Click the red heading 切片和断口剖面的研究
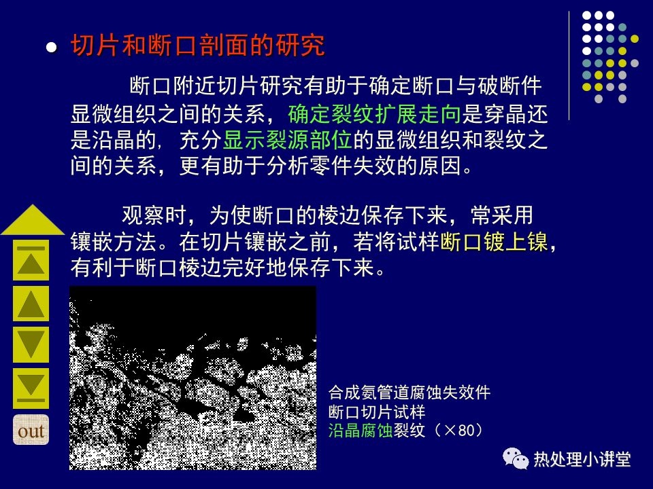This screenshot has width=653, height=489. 198,45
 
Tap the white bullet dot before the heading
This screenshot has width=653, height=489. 52,47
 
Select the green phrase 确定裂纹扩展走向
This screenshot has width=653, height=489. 374,114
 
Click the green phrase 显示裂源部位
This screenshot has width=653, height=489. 287,140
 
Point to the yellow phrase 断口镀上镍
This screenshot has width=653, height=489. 494,242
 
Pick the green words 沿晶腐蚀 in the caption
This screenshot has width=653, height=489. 361,431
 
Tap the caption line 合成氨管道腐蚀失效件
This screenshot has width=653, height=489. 409,393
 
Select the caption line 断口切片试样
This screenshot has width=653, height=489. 377,412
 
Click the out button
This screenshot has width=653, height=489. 31,430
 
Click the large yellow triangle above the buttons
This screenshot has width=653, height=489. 33,220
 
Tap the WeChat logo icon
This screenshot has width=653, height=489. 515,458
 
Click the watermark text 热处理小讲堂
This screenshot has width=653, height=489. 582,460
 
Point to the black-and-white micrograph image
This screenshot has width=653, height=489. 192,378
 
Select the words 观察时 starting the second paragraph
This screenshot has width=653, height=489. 154,215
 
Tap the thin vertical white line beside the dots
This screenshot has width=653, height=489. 569,66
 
